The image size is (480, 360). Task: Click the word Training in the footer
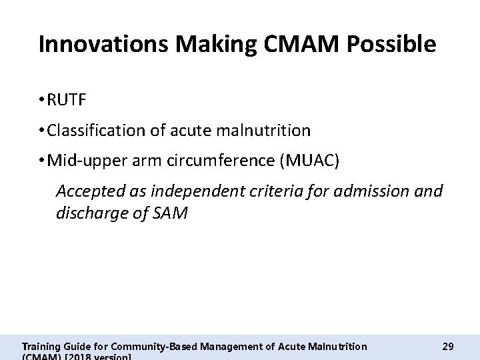tap(41, 346)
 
